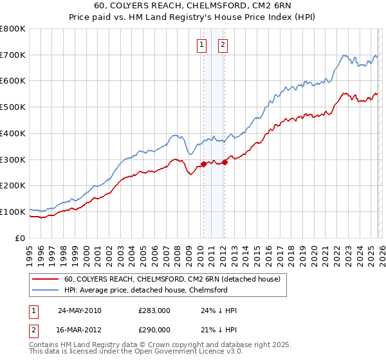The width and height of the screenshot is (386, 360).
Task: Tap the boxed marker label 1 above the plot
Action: [x=202, y=44]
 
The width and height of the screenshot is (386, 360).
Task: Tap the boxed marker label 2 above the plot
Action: [x=223, y=44]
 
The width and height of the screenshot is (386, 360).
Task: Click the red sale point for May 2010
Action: [x=203, y=164]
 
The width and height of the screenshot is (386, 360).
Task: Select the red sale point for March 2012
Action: [x=225, y=162]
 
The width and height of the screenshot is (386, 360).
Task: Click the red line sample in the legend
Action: [x=46, y=280]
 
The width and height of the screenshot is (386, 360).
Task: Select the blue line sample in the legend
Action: [x=46, y=291]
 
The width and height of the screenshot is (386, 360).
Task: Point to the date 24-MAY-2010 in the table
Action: [x=79, y=310]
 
